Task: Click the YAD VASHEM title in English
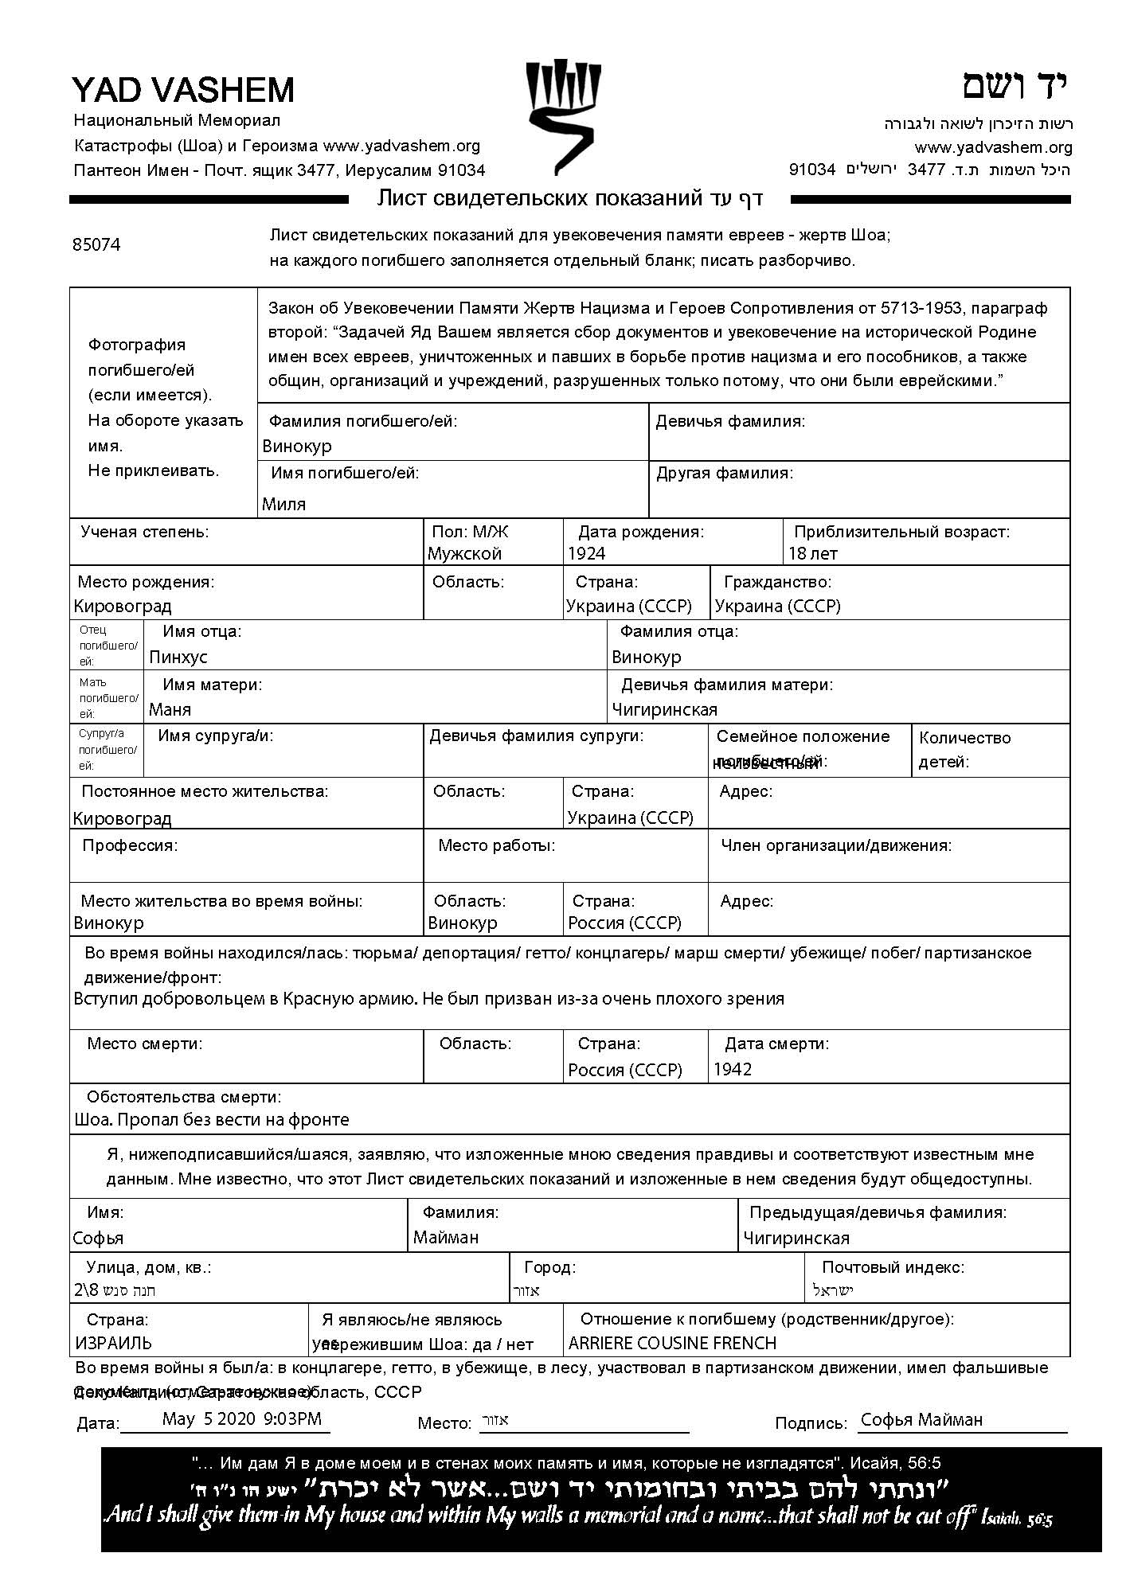point(183,90)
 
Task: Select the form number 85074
point(96,245)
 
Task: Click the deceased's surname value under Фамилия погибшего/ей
point(297,447)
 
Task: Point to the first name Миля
point(284,504)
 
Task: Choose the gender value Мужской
point(464,554)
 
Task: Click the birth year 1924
point(587,554)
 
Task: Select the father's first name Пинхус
point(178,657)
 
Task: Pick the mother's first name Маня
point(170,710)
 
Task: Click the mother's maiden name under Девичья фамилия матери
point(665,710)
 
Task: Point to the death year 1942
point(733,1070)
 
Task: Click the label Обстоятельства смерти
point(184,1098)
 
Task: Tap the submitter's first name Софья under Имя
point(98,1239)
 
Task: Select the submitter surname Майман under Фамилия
point(446,1238)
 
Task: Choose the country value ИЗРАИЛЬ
point(114,1344)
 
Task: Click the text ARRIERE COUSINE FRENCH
point(672,1344)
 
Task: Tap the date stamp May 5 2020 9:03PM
point(242,1418)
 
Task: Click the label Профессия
point(130,845)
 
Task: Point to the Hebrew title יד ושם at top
point(1015,86)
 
